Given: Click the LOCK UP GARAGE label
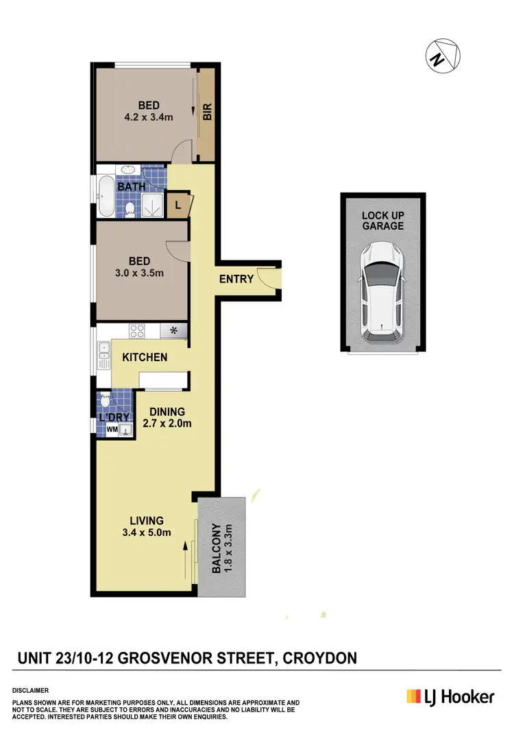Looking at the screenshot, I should click(x=382, y=220).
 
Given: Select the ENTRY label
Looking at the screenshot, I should click(x=236, y=279).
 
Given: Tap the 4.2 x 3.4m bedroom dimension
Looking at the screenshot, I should click(x=149, y=117).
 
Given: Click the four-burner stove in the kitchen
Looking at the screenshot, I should click(x=137, y=330).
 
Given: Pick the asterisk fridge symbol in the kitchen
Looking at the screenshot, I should click(x=173, y=331).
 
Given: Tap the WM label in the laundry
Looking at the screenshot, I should click(x=112, y=430).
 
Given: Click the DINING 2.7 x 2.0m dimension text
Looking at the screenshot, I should click(x=167, y=423).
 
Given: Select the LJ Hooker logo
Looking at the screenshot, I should click(x=450, y=696).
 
